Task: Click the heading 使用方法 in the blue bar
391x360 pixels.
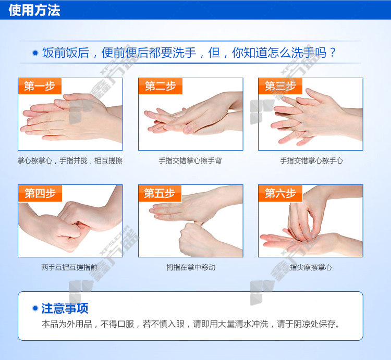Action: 34,10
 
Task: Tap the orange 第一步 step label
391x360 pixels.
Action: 40,86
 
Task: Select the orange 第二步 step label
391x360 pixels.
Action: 161,86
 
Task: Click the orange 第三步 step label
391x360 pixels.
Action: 280,86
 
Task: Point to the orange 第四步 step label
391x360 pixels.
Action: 40,193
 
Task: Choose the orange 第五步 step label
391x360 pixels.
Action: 160,193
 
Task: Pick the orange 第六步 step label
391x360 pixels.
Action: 280,193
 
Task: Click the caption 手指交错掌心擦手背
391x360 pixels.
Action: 190,160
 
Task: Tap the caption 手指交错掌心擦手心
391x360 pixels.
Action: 311,160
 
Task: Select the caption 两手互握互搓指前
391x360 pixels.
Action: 69,267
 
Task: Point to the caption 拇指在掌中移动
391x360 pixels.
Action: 191,267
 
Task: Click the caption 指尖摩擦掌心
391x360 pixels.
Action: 311,267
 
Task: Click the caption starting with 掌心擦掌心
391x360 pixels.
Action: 70,160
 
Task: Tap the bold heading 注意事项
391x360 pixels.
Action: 65,308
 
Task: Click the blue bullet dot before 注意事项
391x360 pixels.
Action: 35,308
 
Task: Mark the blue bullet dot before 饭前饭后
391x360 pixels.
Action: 35,53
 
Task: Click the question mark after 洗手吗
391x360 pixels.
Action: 333,53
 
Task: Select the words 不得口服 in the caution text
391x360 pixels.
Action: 117,324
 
